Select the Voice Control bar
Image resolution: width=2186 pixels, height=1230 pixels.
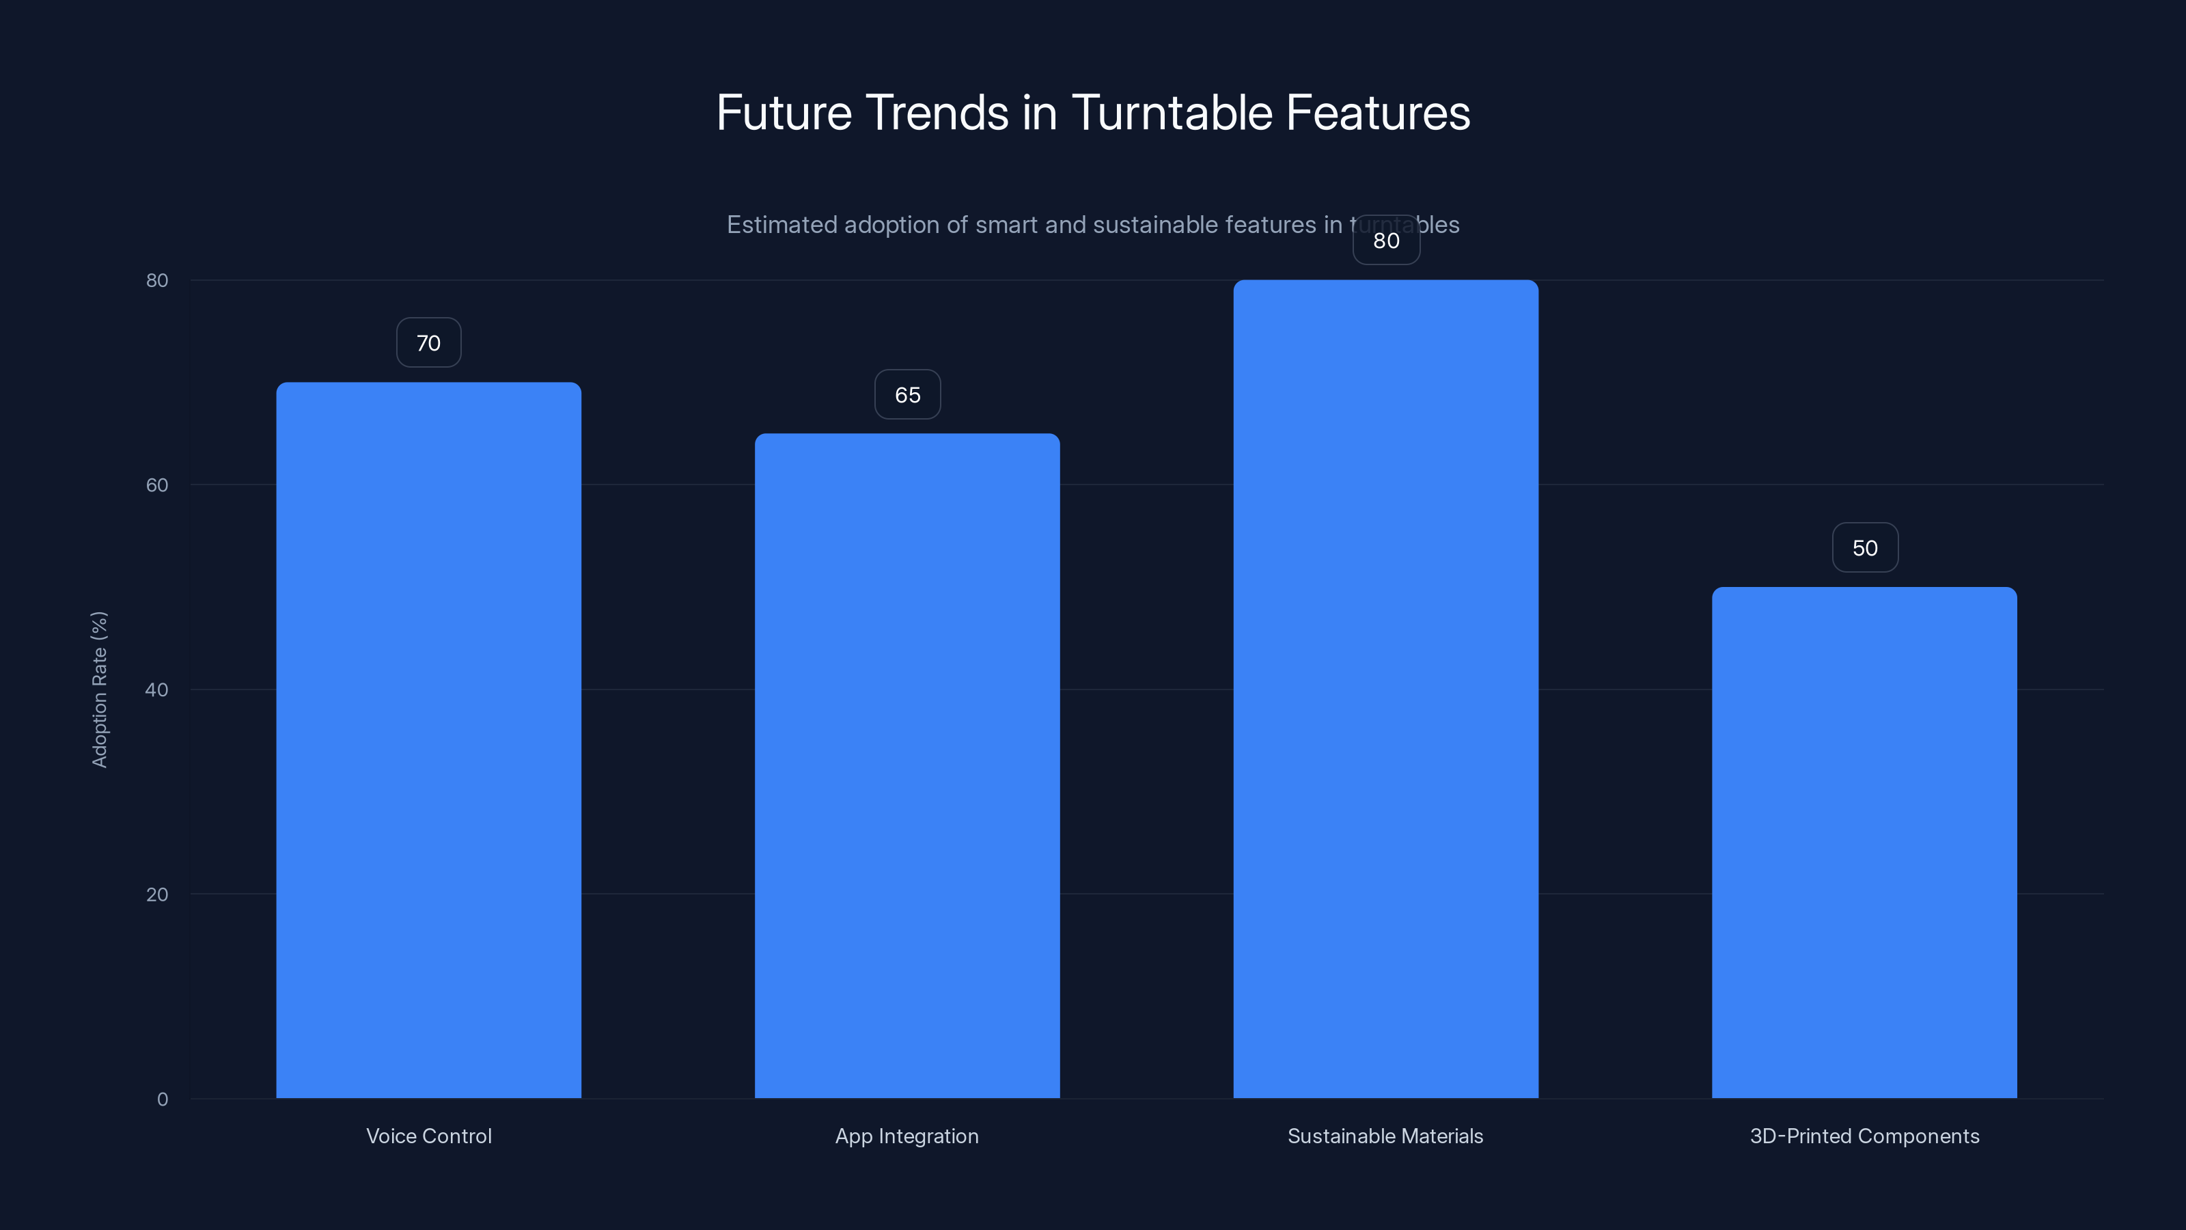tap(428, 739)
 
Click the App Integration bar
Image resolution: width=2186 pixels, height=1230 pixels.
tap(907, 765)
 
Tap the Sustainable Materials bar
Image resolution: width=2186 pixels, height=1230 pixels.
tap(1386, 688)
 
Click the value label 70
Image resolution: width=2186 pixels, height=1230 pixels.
tap(428, 343)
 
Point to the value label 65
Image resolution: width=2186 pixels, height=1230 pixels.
tap(907, 395)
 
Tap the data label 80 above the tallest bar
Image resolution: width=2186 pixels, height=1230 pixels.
tap(1386, 241)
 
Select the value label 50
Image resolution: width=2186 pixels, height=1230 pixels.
tap(1864, 548)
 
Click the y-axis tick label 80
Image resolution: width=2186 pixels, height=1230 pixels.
tap(157, 280)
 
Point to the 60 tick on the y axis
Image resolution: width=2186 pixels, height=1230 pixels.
tap(157, 484)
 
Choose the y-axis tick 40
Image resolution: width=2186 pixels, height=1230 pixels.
tap(157, 689)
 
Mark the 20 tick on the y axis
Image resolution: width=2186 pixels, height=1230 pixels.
tap(157, 894)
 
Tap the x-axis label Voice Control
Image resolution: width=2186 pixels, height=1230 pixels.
tap(428, 1136)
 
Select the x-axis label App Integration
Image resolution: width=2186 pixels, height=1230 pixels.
tap(907, 1136)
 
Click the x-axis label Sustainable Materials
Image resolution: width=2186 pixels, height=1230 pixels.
tap(1386, 1136)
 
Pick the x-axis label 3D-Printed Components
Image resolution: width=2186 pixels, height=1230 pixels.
tap(1864, 1136)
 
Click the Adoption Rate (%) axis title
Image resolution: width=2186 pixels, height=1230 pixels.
tap(99, 689)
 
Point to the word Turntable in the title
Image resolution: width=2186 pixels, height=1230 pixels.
tap(1171, 113)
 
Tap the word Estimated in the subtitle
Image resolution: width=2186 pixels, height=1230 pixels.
tap(781, 225)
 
